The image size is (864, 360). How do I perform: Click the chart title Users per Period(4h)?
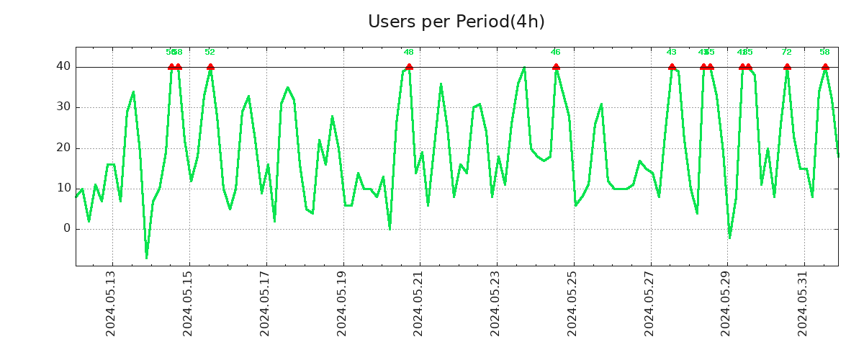456,22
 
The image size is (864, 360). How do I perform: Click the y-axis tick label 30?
64,107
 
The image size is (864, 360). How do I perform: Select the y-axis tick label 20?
64,148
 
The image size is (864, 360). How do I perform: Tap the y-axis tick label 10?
64,188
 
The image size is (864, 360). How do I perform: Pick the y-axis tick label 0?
67,229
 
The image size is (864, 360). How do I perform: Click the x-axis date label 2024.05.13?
111,303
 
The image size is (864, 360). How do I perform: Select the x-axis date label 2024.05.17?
265,303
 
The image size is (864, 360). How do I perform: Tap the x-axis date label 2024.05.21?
419,303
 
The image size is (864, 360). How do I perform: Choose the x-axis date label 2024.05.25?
573,303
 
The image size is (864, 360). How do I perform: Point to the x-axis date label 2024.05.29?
727,303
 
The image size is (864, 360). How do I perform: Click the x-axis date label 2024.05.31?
804,303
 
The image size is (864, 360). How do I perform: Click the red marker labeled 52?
210,67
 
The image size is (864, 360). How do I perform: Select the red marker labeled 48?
409,67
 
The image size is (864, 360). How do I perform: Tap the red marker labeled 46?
556,67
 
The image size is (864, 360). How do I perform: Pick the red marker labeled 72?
787,67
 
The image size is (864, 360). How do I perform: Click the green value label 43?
671,52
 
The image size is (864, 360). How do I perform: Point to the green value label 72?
786,52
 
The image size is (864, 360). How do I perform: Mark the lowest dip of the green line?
146,257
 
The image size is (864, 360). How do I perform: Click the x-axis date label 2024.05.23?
496,303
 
